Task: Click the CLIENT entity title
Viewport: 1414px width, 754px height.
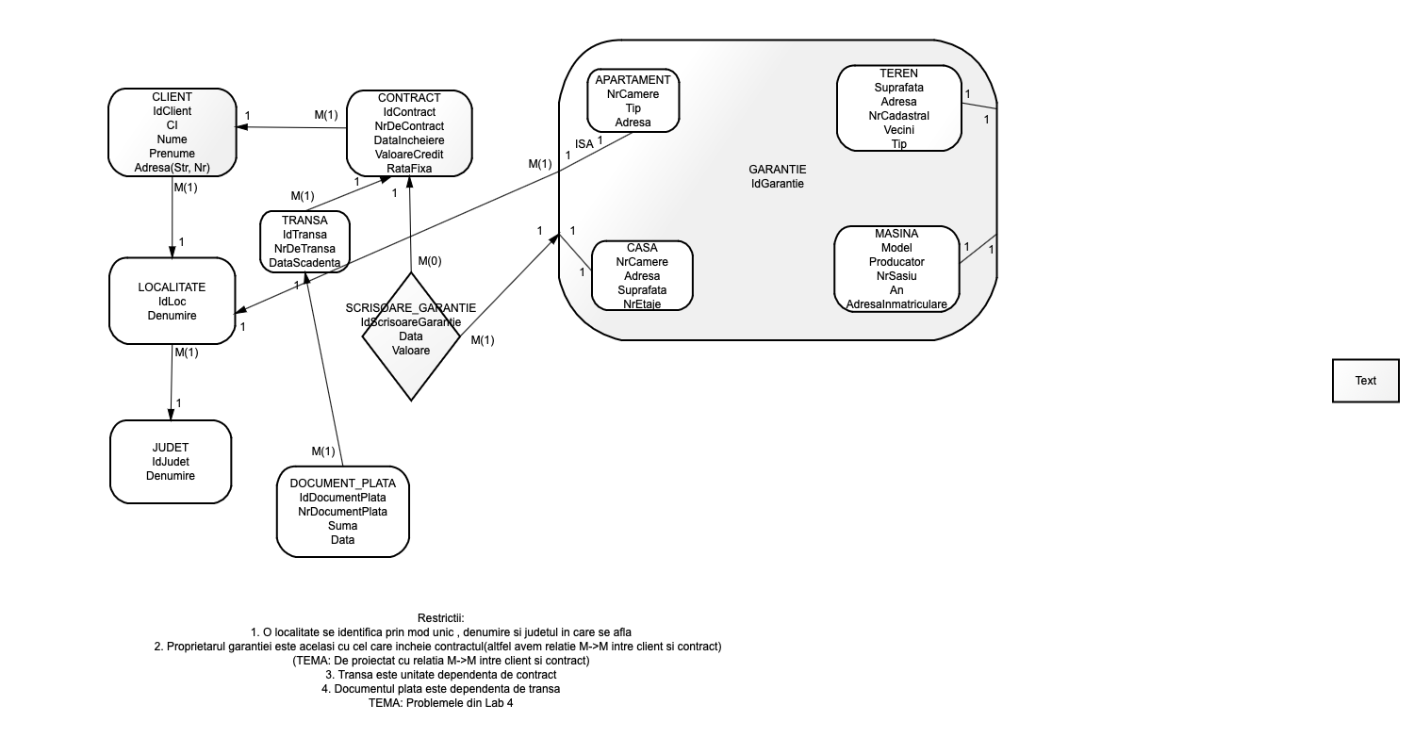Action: coord(172,97)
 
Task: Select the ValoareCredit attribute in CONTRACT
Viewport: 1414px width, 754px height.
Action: coord(409,155)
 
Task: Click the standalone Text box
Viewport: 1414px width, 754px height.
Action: coord(1365,381)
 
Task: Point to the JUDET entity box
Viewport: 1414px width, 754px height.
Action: coord(171,462)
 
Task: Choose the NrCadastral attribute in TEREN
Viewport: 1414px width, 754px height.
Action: coord(899,116)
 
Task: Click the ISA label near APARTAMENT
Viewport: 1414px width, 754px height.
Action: coord(584,144)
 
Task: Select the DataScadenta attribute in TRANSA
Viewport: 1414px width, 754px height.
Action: coord(304,262)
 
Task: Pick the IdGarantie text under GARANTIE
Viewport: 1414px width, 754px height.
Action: coord(778,184)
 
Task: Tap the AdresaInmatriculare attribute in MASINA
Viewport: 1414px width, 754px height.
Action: coord(896,304)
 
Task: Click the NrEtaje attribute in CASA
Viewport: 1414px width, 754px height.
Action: coord(642,304)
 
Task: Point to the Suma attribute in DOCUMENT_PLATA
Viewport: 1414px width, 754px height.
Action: coord(342,526)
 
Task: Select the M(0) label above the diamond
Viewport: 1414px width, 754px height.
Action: coord(430,260)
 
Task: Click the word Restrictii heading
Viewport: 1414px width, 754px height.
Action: coord(440,618)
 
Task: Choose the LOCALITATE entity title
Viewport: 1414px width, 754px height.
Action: coord(172,287)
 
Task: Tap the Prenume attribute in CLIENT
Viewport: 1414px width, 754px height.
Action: coord(172,154)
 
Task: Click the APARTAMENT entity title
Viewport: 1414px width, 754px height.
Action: coord(633,80)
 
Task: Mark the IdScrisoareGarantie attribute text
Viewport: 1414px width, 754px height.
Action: coord(411,322)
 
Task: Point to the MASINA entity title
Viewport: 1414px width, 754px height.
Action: coord(896,234)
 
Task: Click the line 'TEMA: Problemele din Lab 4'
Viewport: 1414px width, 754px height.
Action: coord(440,703)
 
